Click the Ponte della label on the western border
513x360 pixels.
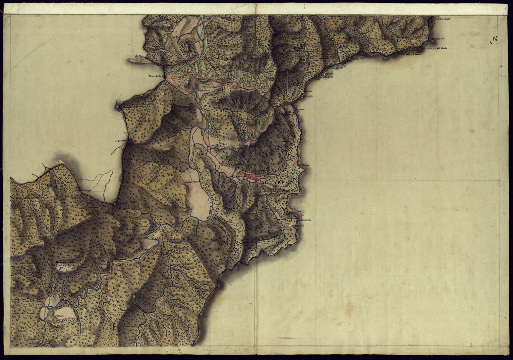click(x=155, y=77)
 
